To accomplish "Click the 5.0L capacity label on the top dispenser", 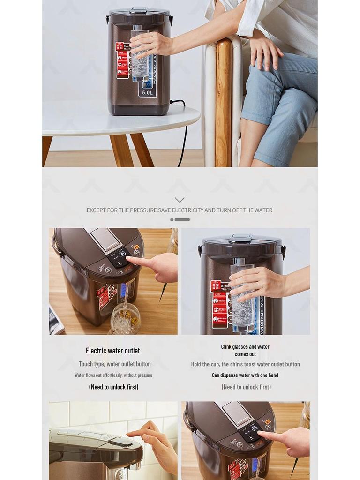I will (148, 92).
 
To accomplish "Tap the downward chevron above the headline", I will (180, 200).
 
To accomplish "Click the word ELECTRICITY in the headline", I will (187, 210).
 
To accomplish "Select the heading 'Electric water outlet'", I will (112, 351).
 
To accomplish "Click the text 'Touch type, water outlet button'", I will (114, 364).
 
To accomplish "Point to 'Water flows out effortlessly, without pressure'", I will (113, 375).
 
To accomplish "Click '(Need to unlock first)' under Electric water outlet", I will (113, 387).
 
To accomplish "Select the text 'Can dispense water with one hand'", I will (245, 375).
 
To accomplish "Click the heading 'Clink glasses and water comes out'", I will (245, 350).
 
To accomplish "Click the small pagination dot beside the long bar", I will (172, 219).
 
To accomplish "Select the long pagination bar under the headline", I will (182, 219).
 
